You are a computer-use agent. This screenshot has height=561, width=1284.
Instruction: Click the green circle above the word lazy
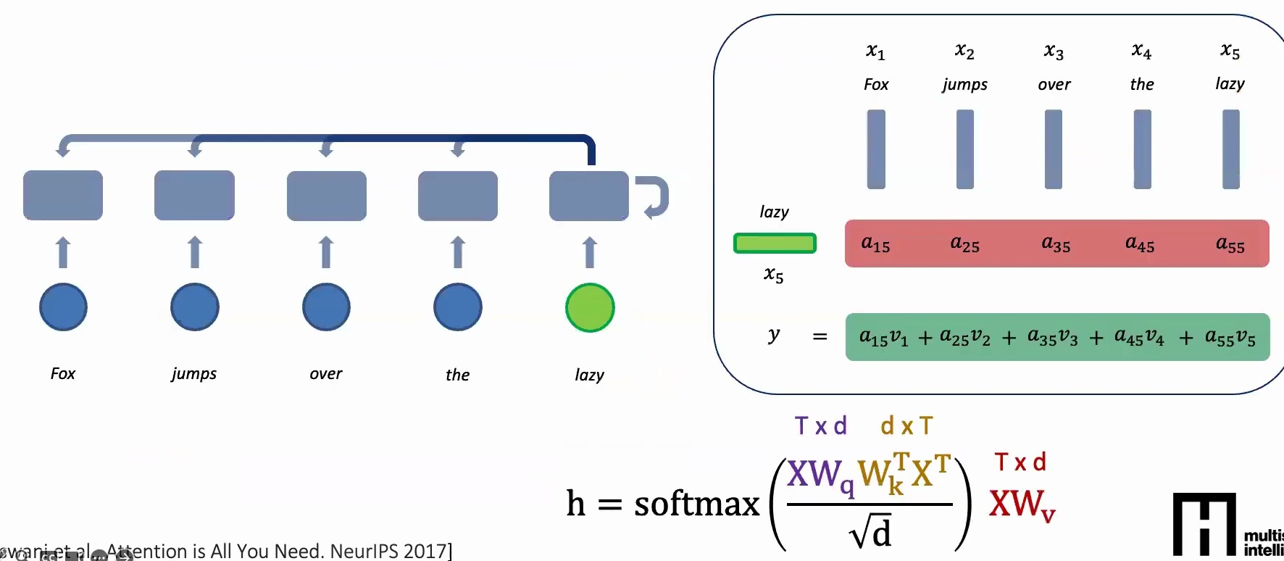click(590, 307)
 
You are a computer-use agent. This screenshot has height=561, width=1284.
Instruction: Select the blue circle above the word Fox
click(63, 307)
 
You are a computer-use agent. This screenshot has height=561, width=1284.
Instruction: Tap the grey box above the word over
click(326, 196)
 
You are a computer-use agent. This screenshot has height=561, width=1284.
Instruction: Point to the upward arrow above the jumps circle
click(194, 252)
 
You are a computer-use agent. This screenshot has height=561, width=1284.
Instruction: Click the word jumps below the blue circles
click(193, 374)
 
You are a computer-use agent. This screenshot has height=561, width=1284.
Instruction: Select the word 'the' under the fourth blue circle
click(457, 375)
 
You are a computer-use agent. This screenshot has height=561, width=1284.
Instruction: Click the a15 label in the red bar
click(875, 244)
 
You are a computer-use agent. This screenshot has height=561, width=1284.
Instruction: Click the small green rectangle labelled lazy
click(775, 243)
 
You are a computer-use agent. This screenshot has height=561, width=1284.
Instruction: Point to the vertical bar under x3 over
click(1054, 149)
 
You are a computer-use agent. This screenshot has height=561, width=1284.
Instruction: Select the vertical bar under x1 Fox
click(876, 149)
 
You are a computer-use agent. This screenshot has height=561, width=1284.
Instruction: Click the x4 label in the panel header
click(1141, 51)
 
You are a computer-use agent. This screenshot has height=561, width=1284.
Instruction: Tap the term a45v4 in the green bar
click(1139, 337)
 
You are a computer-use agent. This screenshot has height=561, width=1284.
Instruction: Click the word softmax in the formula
click(696, 503)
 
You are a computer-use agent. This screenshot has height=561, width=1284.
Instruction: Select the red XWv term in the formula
click(1022, 503)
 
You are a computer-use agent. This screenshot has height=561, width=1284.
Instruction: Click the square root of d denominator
click(870, 533)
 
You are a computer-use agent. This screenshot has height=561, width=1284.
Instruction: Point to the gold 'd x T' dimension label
click(906, 426)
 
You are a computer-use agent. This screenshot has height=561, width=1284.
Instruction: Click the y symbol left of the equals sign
click(774, 335)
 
